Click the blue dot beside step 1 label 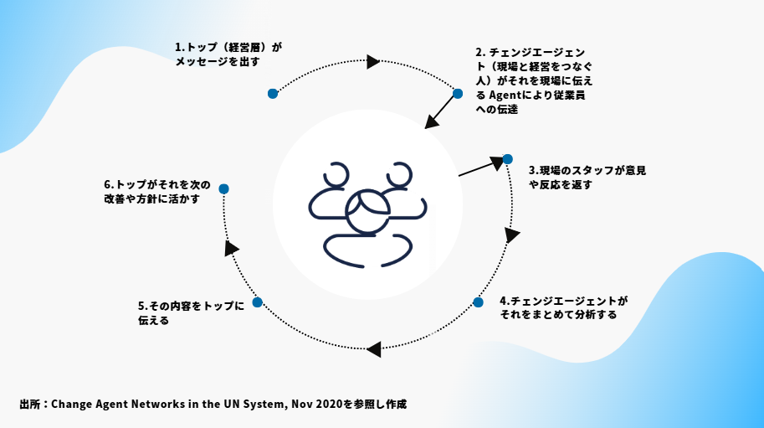pos(273,94)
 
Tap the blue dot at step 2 pos(458,93)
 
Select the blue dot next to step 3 pos(507,158)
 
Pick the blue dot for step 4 pos(478,302)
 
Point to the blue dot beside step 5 pos(257,302)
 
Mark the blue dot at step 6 pos(223,188)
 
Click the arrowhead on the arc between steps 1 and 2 pos(373,61)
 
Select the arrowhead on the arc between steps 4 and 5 pos(374,348)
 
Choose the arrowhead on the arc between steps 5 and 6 pos(231,248)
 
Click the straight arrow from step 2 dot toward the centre pos(442,111)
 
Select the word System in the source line pos(265,404)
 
